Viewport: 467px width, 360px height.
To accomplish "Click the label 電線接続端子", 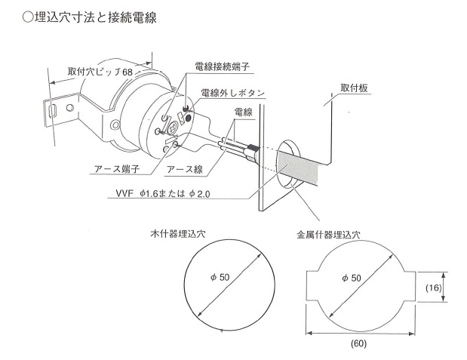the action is point(222,66).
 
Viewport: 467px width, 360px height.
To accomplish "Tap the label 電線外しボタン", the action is point(233,93).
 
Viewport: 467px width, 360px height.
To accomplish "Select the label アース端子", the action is point(117,168).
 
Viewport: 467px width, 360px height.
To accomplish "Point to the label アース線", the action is point(185,169).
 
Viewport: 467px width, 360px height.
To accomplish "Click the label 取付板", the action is point(354,88).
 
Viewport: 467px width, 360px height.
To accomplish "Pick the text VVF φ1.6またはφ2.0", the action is point(163,194).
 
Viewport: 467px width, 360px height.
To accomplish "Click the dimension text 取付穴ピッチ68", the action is point(100,72).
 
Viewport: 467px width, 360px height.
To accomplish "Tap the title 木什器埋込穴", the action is point(178,234).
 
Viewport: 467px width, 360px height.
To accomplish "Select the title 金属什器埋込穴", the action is point(328,235).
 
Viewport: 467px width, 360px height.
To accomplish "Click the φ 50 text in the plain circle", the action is point(220,277).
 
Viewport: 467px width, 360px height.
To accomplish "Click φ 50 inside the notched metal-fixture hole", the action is point(352,278).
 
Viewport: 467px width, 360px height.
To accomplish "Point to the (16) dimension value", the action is point(433,288).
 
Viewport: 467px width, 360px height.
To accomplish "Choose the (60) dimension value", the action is point(358,343).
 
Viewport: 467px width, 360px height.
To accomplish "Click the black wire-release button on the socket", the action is point(188,119).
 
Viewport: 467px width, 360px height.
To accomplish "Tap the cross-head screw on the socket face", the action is point(172,129).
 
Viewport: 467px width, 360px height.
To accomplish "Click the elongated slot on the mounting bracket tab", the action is point(52,111).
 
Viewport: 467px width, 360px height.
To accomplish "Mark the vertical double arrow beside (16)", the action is point(444,287).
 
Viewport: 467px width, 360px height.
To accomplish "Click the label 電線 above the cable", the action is point(244,112).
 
